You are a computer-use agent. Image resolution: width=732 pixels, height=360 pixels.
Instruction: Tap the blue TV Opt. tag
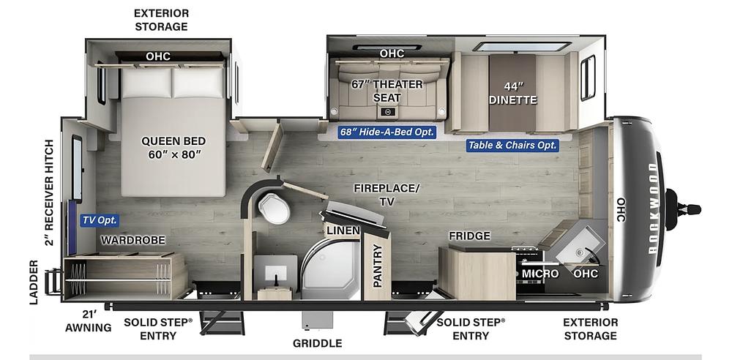[100, 220]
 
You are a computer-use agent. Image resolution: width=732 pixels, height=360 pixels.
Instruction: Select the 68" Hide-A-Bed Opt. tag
[387, 132]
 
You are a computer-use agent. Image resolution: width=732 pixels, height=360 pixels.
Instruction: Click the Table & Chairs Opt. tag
[512, 145]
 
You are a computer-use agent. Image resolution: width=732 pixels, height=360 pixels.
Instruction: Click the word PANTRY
[378, 266]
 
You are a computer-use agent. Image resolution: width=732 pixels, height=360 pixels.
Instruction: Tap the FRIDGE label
[470, 236]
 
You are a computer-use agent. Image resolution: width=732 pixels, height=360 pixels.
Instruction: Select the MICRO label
[540, 274]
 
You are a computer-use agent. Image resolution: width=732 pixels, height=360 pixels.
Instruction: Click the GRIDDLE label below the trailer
[318, 344]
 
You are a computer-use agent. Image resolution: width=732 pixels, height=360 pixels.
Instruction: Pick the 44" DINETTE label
[513, 94]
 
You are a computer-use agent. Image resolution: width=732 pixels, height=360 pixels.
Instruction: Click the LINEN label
[343, 230]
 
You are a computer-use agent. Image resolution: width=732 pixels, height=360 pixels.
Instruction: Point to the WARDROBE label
[133, 240]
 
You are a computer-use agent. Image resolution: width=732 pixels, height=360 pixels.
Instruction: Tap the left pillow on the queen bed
[147, 83]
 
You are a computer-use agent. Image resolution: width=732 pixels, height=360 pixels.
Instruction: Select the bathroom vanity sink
[275, 271]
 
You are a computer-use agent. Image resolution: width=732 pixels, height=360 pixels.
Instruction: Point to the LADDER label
[34, 282]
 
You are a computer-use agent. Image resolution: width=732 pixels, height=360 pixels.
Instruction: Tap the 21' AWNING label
[89, 322]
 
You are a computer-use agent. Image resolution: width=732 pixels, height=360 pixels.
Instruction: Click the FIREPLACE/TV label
[386, 195]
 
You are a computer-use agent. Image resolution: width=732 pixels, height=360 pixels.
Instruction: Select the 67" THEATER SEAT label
[387, 91]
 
